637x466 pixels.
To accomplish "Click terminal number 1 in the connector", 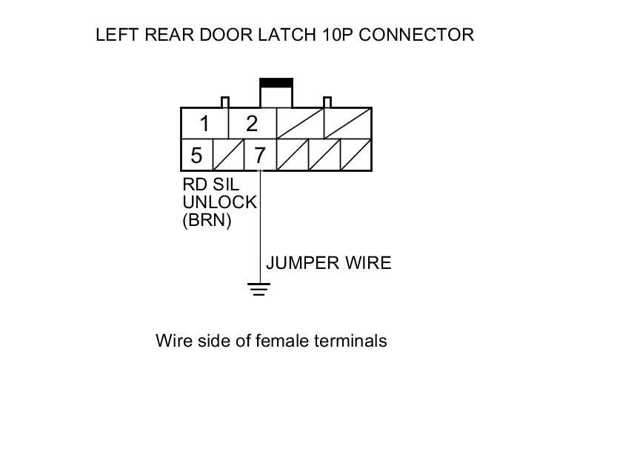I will point(204,123).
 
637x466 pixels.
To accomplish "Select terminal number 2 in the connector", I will point(251,123).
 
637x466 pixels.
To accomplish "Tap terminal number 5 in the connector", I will point(196,156).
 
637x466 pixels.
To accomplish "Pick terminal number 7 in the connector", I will point(259,156).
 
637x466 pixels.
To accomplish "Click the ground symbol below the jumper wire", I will point(259,290).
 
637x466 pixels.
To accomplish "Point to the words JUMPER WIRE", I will point(328,263).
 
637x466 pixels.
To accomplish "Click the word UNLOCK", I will point(219,202).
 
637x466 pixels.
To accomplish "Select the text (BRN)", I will point(207,220).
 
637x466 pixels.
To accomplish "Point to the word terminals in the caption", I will point(351,341).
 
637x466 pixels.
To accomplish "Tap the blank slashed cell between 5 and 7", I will point(227,156).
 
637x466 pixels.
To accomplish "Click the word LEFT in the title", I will point(115,35).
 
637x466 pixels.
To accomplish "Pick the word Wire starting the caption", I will point(171,341).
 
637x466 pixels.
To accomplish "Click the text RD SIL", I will point(210,185).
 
